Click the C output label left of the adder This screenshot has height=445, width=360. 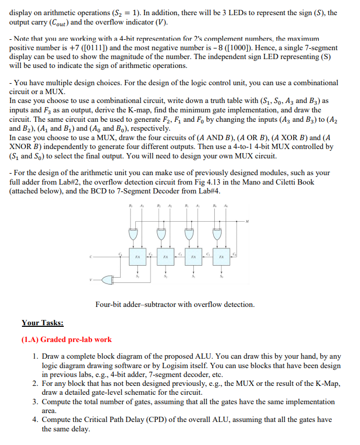click(90, 257)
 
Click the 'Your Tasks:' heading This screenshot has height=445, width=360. click(42, 323)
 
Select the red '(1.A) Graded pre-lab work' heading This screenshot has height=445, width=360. click(66, 339)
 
